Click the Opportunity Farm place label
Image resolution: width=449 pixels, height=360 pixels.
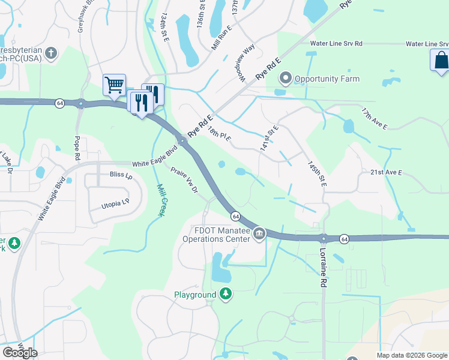327,79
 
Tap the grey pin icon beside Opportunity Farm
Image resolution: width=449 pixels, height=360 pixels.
285,79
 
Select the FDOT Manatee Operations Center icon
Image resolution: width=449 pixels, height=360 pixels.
259,232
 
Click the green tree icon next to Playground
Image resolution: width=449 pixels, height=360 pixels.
226,294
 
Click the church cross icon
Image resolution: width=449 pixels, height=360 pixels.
52,53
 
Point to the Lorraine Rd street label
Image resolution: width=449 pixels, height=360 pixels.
323,266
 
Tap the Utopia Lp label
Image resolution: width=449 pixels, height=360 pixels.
115,203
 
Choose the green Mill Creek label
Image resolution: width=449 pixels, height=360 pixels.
160,200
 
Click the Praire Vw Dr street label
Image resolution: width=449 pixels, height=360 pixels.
184,181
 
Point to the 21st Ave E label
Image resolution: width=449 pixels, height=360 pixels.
385,172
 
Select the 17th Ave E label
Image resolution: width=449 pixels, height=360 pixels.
375,119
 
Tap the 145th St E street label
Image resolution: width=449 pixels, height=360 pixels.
316,173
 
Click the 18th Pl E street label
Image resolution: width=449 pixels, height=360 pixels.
219,134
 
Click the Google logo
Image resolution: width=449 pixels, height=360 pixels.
20,352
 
